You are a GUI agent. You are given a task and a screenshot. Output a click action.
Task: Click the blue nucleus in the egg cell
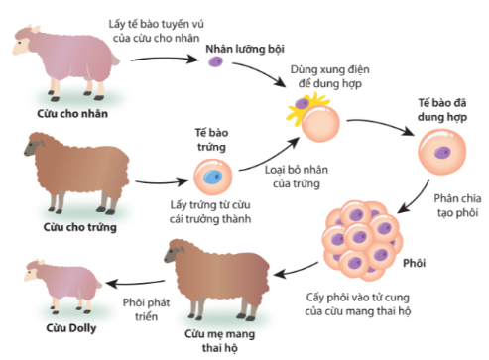pyautogui.click(x=211, y=179)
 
